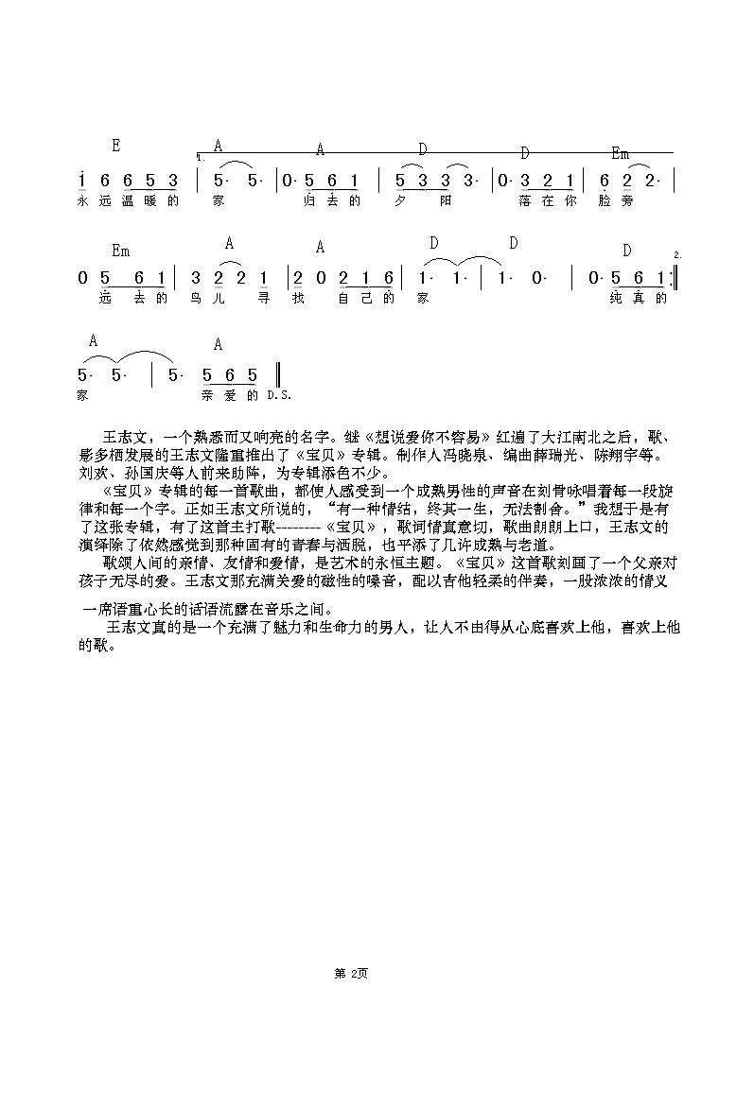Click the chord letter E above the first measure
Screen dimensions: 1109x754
(115, 146)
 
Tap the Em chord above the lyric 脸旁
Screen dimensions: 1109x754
(621, 154)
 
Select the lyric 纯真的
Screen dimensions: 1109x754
(640, 299)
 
